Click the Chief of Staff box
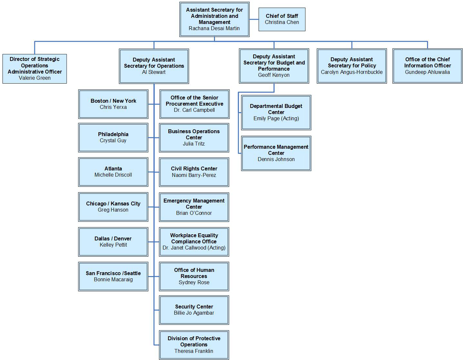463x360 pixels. click(282, 19)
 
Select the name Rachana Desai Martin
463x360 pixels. click(214, 29)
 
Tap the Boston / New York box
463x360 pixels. click(113, 104)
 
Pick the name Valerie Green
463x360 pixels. click(35, 78)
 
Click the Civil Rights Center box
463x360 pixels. click(194, 172)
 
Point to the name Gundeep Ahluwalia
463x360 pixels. click(427, 72)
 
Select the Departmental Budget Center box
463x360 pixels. click(276, 112)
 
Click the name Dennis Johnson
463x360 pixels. click(276, 159)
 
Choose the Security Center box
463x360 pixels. click(194, 310)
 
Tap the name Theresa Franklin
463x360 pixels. click(194, 351)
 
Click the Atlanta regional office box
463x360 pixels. click(113, 172)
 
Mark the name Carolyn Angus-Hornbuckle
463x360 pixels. click(352, 72)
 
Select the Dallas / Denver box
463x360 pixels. click(113, 242)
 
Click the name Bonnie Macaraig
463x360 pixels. click(113, 280)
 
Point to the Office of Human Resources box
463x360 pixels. click(194, 276)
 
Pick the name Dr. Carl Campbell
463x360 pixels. click(194, 110)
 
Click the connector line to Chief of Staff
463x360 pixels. click(254, 19)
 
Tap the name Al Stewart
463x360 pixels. click(153, 72)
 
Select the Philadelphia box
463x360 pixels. click(113, 137)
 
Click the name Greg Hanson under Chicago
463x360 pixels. click(113, 210)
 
